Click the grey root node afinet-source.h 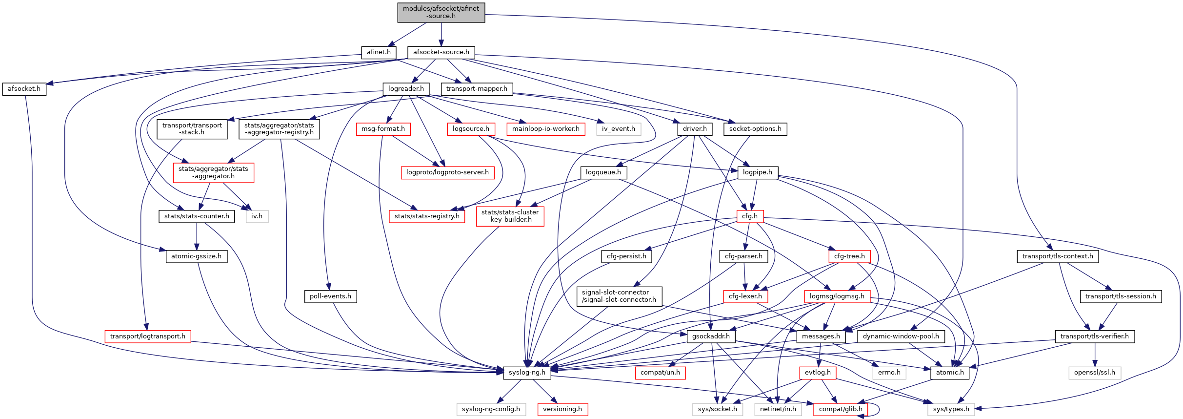pyautogui.click(x=441, y=12)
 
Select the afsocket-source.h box pyautogui.click(x=441, y=52)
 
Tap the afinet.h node pyautogui.click(x=379, y=52)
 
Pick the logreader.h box pyautogui.click(x=406, y=89)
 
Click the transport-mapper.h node pyautogui.click(x=477, y=89)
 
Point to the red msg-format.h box pyautogui.click(x=383, y=129)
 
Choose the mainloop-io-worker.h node pyautogui.click(x=545, y=129)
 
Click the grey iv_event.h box pyautogui.click(x=618, y=129)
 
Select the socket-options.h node pyautogui.click(x=755, y=129)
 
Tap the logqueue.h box pyautogui.click(x=603, y=172)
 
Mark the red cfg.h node pyautogui.click(x=750, y=216)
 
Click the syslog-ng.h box pyautogui.click(x=527, y=373)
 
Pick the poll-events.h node pyautogui.click(x=330, y=296)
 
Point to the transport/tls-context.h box pyautogui.click(x=1058, y=256)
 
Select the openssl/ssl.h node pyautogui.click(x=1095, y=373)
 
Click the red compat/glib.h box pyautogui.click(x=841, y=409)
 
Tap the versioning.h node pyautogui.click(x=562, y=409)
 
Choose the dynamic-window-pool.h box pyautogui.click(x=901, y=336)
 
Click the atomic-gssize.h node pyautogui.click(x=196, y=256)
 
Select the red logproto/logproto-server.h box pyautogui.click(x=447, y=172)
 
